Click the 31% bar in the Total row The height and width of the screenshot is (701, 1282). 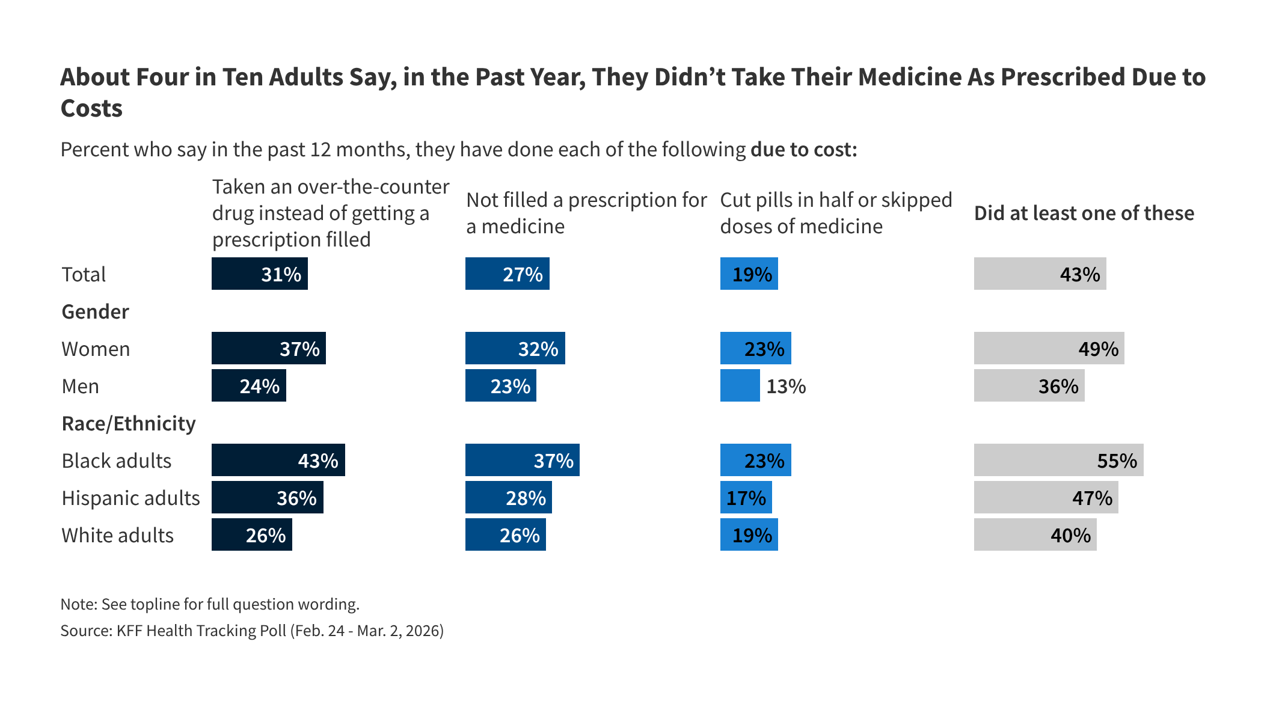tap(259, 274)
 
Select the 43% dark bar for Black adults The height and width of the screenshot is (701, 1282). tap(278, 460)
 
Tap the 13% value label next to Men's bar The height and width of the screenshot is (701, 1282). tap(785, 386)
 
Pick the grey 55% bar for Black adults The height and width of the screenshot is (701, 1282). tap(1058, 460)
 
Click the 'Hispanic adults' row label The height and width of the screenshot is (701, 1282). tap(130, 498)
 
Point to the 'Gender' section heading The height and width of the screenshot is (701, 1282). tap(95, 311)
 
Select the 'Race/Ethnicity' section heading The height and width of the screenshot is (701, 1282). tap(129, 423)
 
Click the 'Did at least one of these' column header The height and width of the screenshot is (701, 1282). tap(1084, 213)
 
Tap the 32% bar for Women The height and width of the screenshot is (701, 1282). tap(515, 348)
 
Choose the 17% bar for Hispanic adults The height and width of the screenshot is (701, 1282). tap(746, 497)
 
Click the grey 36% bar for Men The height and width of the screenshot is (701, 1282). tap(1029, 385)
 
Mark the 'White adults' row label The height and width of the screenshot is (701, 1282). tap(117, 535)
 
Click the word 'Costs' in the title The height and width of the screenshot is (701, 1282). tap(91, 108)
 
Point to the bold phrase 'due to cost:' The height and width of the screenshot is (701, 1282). tap(803, 149)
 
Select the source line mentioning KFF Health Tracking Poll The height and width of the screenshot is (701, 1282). tap(252, 630)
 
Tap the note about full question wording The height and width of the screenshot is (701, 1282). tap(210, 604)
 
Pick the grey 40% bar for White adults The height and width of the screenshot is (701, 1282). tap(1035, 534)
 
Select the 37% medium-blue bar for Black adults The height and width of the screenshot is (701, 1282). tap(522, 460)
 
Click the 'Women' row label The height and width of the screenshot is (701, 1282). tap(96, 349)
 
